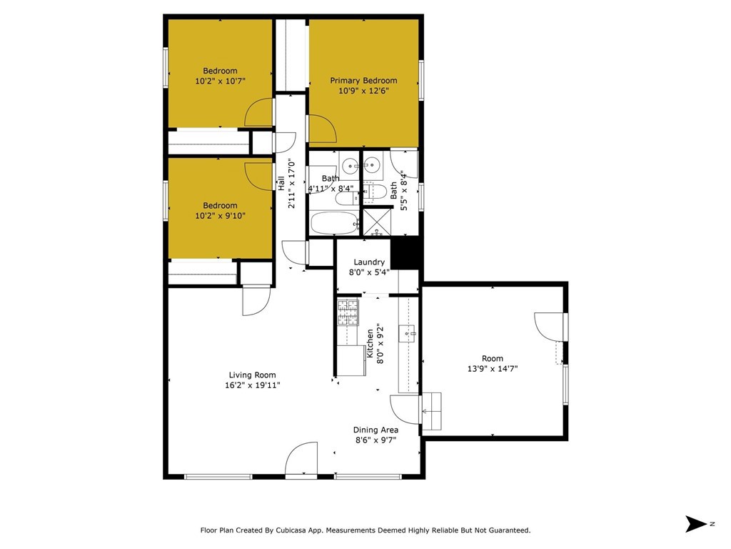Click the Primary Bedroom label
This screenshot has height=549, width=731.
click(x=363, y=80)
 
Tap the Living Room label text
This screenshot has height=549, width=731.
click(x=252, y=375)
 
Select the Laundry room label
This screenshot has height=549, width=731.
click(x=369, y=262)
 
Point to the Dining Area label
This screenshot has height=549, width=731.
click(x=375, y=430)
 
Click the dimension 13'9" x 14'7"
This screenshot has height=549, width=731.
click(x=493, y=369)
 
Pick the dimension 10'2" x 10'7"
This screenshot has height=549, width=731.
click(x=220, y=81)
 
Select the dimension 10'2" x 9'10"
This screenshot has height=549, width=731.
click(x=220, y=216)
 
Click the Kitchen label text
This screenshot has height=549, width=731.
click(x=370, y=344)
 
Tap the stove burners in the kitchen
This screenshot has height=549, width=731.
click(x=348, y=313)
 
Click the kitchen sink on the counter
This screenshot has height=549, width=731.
click(x=408, y=334)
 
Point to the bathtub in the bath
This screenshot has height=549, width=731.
click(x=335, y=224)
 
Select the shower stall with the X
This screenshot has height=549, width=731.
click(x=377, y=222)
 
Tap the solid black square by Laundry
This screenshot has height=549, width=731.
click(x=406, y=254)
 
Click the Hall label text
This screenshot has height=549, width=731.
click(x=281, y=183)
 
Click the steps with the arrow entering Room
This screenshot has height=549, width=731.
click(x=431, y=411)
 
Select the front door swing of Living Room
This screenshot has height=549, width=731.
click(x=301, y=458)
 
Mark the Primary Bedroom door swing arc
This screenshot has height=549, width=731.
click(x=323, y=129)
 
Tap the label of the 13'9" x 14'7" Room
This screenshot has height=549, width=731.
click(x=493, y=359)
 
